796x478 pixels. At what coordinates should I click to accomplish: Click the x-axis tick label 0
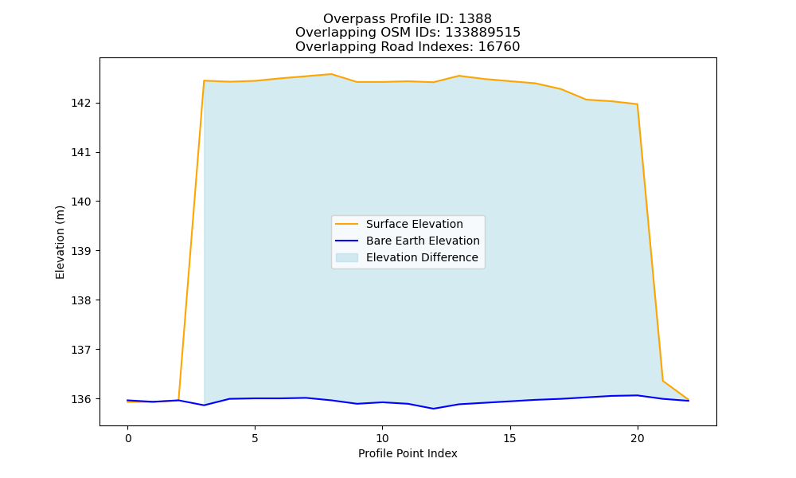coord(128,438)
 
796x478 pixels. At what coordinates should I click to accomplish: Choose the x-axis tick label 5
coord(255,438)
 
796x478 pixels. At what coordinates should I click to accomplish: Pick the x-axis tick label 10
coord(382,438)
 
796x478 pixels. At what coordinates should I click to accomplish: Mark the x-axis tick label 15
coord(509,438)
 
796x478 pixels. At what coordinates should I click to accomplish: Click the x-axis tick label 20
coord(637,438)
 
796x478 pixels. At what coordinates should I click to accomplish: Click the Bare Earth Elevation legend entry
coord(407,241)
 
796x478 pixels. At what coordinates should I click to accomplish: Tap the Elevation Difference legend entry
coord(407,257)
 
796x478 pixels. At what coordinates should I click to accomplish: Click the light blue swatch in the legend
coord(347,257)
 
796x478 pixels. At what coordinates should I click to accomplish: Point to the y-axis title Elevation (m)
coord(60,242)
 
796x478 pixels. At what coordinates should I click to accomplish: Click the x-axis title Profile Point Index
coord(408,453)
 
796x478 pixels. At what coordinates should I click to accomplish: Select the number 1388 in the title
coord(475,19)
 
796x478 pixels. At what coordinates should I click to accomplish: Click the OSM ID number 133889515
coord(483,33)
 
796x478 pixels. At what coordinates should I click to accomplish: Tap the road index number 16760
coord(499,47)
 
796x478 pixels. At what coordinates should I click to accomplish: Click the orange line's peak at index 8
coord(331,74)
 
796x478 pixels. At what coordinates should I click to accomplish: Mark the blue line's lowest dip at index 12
coord(433,409)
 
